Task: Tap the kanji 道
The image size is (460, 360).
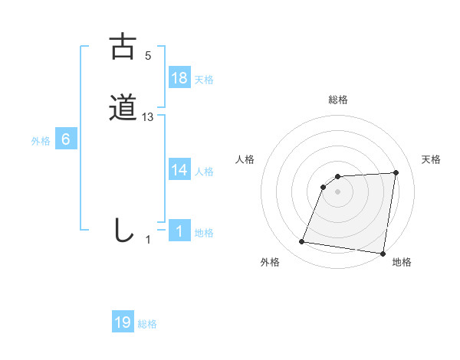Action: (123, 107)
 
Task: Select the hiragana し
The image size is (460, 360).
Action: (123, 230)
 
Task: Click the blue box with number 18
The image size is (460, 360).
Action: (179, 77)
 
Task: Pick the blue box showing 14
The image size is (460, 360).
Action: (179, 170)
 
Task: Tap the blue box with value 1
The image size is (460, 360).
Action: (179, 231)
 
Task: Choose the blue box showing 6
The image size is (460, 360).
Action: (66, 139)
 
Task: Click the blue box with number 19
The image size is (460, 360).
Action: (123, 322)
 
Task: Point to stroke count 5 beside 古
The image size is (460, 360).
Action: (148, 56)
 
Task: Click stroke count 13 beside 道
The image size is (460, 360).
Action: (148, 117)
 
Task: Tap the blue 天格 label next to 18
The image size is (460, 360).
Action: (204, 79)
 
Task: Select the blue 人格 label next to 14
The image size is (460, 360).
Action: (204, 172)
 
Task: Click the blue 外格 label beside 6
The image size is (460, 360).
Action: (41, 141)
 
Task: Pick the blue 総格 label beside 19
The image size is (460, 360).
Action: (147, 324)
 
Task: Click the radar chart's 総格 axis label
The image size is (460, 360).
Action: (338, 100)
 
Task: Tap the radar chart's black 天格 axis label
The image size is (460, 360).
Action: (432, 159)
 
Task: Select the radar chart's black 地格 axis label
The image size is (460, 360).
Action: (402, 263)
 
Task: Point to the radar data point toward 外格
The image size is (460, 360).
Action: (302, 242)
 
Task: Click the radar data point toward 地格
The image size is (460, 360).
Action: (383, 254)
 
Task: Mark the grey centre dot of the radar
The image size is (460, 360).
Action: (338, 191)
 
